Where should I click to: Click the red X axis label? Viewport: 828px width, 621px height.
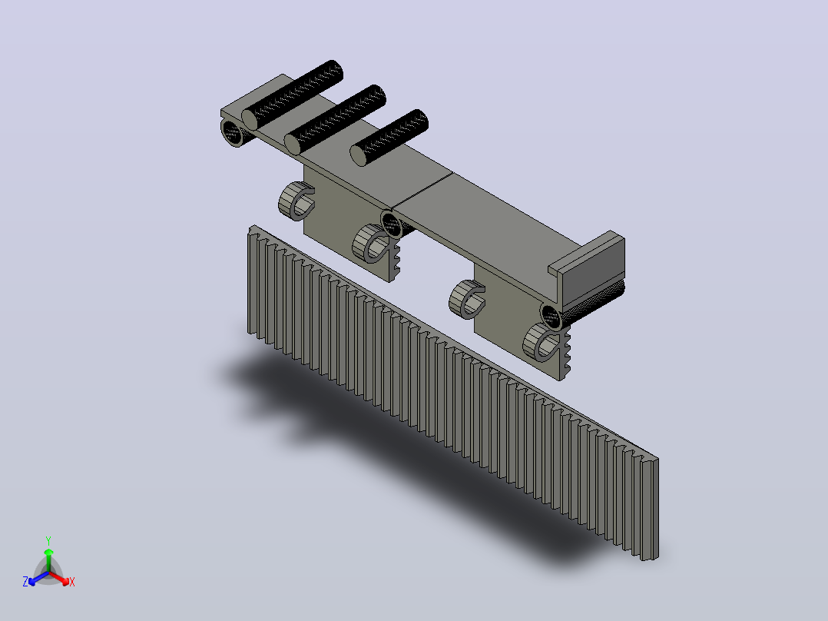(x=72, y=582)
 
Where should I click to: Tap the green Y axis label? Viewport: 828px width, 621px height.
(x=48, y=540)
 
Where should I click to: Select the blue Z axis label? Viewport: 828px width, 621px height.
(x=25, y=581)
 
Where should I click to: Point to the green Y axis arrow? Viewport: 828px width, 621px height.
(x=48, y=560)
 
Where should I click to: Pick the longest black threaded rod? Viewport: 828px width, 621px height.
(x=293, y=95)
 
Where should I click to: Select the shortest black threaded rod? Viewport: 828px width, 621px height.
(x=389, y=138)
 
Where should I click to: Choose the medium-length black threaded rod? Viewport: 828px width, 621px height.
(x=336, y=119)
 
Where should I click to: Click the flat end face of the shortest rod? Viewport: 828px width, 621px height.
(x=359, y=156)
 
